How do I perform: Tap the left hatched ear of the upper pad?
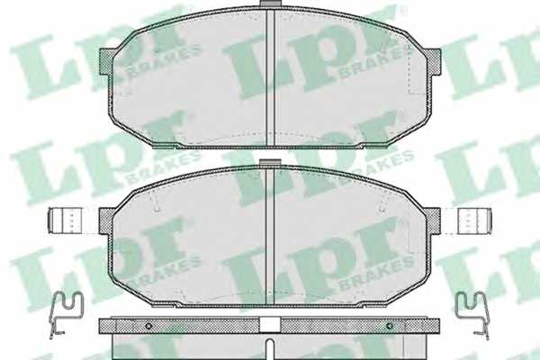106,64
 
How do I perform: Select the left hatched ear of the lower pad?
106,220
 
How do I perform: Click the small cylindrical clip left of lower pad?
66,220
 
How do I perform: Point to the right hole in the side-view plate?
389,326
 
